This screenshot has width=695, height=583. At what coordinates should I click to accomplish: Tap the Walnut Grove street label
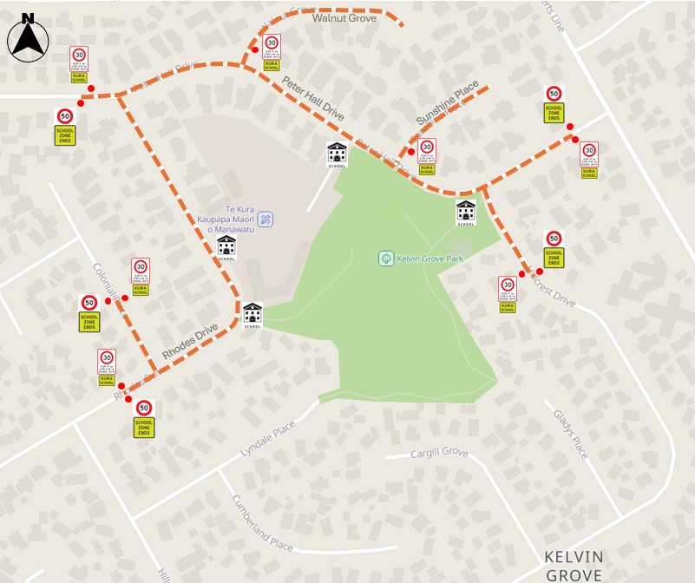tap(344, 16)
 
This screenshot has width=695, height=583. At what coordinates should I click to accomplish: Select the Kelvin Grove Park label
tap(431, 258)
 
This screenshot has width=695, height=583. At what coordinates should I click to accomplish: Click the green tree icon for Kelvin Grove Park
tap(386, 259)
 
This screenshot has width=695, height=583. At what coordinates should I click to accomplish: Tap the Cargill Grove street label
tap(439, 452)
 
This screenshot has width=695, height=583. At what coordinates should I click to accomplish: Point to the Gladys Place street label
tap(570, 434)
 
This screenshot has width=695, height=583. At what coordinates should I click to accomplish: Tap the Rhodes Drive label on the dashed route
tap(189, 342)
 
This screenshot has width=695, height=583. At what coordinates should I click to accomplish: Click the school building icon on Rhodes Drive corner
tap(252, 314)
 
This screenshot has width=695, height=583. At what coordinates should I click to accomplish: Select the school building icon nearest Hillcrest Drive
tap(466, 212)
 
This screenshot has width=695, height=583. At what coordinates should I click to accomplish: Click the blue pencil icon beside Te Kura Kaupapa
tap(266, 218)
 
